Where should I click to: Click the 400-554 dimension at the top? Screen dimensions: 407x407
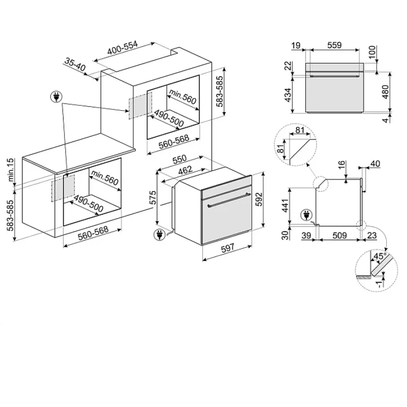122,48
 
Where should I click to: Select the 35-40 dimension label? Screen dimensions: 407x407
75,65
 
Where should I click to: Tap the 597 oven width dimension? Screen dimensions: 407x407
227,248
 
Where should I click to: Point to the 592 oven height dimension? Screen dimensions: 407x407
259,199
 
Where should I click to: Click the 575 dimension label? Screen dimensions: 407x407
153,198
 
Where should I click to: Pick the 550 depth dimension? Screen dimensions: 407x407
180,159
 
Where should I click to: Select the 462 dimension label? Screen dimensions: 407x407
185,170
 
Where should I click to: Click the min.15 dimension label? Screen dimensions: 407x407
10,170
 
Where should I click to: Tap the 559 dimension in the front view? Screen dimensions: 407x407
334,45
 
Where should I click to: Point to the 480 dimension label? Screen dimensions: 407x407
386,92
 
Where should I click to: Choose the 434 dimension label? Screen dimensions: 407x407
288,95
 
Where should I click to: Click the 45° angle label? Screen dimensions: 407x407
380,256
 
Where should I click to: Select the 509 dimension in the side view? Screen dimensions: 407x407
339,236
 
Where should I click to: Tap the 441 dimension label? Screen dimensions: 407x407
285,206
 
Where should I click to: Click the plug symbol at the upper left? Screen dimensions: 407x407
56,97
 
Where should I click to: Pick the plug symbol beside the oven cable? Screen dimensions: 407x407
160,235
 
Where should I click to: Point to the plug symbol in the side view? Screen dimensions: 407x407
307,215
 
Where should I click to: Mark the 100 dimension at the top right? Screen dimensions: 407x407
372,52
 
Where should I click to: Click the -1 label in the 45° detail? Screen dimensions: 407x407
380,283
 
